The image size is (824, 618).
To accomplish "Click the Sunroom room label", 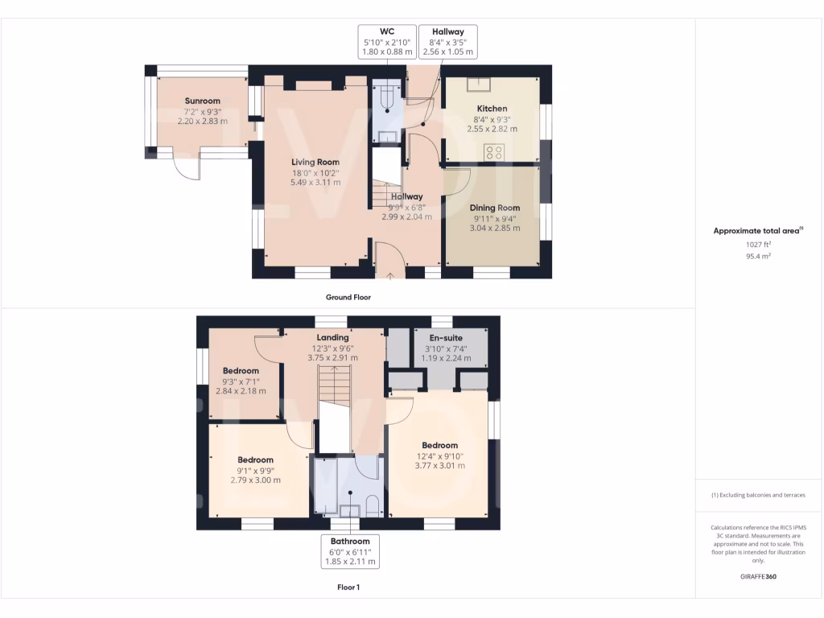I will [197, 101].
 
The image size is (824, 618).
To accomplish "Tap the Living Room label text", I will [315, 163].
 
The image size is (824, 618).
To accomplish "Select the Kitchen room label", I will [492, 109].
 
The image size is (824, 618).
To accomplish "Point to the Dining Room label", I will [495, 208].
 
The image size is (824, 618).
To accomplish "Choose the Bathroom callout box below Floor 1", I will [349, 552].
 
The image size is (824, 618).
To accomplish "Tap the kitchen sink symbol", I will [484, 82].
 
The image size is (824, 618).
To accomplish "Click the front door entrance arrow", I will [391, 275].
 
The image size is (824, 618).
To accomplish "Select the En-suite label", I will [445, 338].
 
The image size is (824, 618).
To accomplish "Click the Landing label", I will [332, 337].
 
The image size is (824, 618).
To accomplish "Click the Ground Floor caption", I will [348, 297].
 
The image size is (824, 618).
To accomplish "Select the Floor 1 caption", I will [348, 587].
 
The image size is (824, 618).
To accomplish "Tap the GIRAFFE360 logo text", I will [759, 577].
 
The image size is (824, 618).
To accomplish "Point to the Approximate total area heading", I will [757, 231].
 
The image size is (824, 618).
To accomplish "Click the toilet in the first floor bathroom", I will [371, 505].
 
